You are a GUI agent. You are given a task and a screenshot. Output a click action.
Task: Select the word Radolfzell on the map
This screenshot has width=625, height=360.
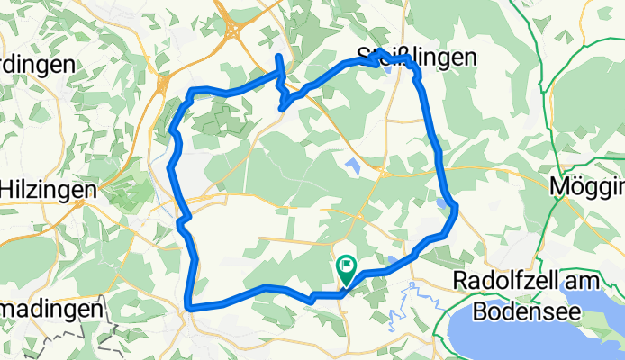pyautogui.click(x=511, y=281)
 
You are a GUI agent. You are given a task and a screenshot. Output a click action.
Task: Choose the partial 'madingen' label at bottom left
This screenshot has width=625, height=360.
pyautogui.click(x=50, y=309)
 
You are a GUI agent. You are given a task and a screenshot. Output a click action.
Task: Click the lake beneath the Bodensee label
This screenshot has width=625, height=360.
pyautogui.click(x=540, y=337)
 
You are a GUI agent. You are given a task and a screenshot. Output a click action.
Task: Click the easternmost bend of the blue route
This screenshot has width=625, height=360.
pyautogui.click(x=456, y=208)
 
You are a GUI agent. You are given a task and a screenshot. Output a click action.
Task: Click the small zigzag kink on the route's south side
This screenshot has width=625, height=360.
pyautogui.click(x=311, y=296)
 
